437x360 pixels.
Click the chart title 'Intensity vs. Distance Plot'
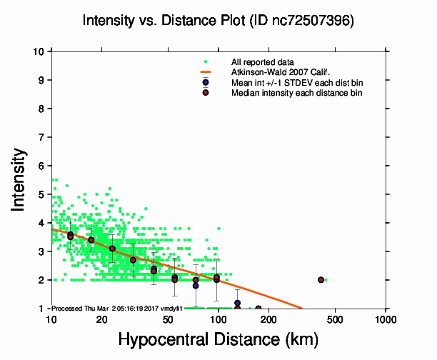coord(164,21)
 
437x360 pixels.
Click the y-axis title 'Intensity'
coord(19,179)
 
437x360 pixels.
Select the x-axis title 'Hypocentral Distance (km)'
coord(217,339)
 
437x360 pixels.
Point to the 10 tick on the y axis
coord(40,51)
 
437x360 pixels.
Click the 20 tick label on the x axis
coord(101,318)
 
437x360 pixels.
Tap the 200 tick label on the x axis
coord(268,318)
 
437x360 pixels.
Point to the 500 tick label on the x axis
coord(335,318)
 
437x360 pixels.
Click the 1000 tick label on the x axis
coord(386,318)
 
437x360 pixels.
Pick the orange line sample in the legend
coord(205,72)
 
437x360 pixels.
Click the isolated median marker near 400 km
coord(321,280)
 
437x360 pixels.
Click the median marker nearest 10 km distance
coord(70,236)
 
